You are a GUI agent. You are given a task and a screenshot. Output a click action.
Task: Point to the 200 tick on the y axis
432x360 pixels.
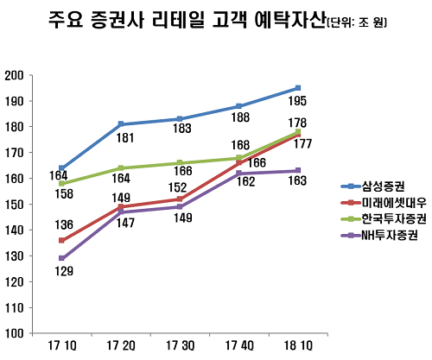pos(14,75)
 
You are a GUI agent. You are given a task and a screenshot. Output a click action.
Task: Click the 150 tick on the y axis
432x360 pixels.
pos(14,205)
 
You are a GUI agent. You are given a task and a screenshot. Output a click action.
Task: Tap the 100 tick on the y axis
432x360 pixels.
pos(14,333)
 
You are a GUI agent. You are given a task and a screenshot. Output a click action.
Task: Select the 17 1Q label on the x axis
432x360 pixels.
pos(61,346)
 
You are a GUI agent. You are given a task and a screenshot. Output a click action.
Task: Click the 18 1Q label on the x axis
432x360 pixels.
pos(297,346)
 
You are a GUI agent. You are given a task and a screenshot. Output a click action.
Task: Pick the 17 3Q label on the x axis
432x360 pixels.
pos(180,346)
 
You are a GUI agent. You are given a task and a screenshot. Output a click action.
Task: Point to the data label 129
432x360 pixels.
pos(64,272)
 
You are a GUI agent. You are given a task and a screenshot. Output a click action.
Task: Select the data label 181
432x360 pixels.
pos(122,137)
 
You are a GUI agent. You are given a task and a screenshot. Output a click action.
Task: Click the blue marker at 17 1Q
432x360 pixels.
pos(62,168)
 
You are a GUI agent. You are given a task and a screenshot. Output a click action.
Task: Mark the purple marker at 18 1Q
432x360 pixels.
pos(297,170)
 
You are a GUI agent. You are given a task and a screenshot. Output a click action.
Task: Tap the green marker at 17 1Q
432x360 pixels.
pos(62,184)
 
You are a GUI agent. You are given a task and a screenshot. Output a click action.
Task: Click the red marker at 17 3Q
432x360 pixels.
pos(180,199)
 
